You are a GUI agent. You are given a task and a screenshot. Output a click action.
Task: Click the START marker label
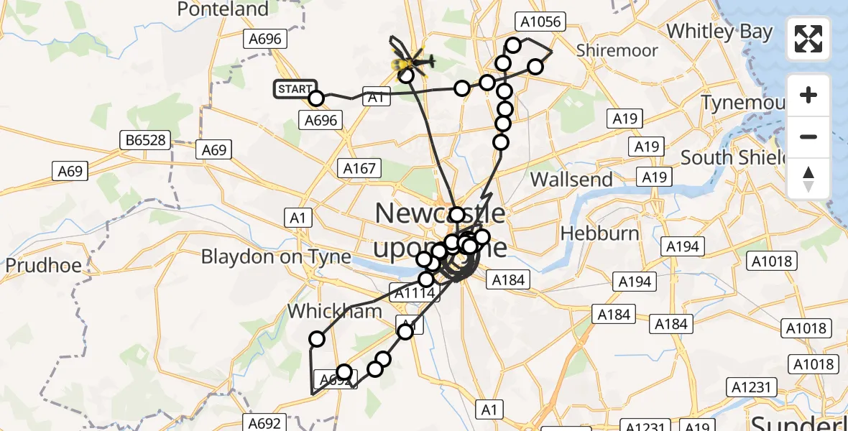[x=294, y=89]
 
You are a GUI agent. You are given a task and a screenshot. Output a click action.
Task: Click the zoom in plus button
[x=808, y=95]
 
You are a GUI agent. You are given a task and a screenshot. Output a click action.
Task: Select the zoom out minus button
[x=808, y=136]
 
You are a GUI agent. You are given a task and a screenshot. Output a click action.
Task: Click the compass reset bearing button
[x=808, y=178]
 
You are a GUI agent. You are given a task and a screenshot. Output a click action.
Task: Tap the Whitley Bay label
[x=719, y=32]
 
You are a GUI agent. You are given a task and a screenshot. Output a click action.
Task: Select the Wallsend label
[x=571, y=179]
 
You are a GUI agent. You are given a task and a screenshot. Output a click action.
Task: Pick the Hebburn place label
[x=599, y=233]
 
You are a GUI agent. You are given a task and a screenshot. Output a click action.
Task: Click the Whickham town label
[x=324, y=312]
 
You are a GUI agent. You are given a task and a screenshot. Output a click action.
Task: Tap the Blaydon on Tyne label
[x=277, y=256]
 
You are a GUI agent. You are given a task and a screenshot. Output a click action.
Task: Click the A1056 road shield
[x=540, y=22]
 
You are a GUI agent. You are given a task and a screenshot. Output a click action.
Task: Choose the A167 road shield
[x=359, y=168]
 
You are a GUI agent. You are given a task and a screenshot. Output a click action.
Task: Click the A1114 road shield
[x=412, y=292]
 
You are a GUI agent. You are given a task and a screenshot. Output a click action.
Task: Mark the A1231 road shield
[x=751, y=388]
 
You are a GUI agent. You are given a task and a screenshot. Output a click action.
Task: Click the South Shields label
[x=728, y=157]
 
